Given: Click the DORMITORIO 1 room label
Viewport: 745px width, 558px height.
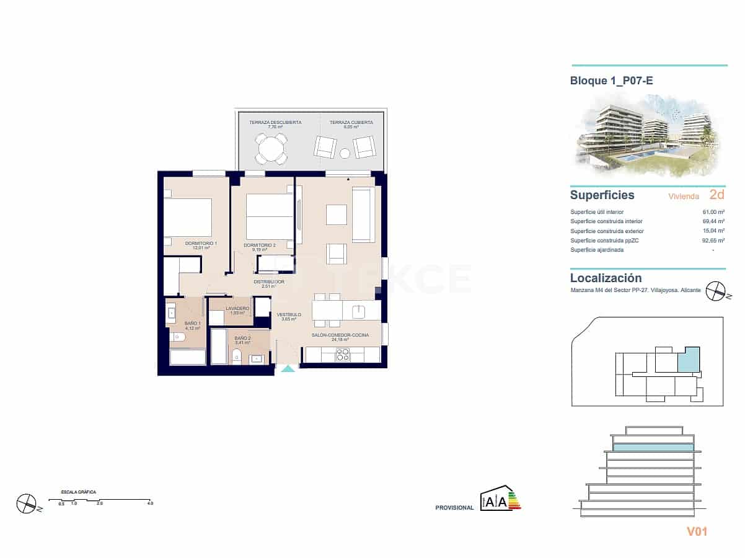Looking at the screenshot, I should point(201,244).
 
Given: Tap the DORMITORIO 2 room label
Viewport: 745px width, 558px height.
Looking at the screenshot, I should point(259,246).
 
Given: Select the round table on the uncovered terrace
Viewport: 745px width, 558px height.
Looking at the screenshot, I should point(271,148).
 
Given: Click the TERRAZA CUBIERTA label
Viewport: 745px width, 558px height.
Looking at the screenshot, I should point(351,123).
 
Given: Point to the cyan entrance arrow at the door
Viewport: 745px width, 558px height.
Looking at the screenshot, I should point(288,369).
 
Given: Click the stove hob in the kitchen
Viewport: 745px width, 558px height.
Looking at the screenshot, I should point(343,355).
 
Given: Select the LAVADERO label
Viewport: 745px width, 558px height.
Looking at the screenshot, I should point(237,308).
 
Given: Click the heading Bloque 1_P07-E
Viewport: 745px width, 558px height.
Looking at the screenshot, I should point(611,81).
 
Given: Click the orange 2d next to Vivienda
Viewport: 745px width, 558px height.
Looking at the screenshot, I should point(716,195).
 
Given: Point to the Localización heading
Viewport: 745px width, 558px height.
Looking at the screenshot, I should point(606,278).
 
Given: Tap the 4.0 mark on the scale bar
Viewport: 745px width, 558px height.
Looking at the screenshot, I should point(150,503).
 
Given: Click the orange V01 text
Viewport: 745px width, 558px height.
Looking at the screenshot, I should point(697,531).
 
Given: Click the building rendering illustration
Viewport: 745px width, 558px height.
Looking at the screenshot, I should point(648,132).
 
